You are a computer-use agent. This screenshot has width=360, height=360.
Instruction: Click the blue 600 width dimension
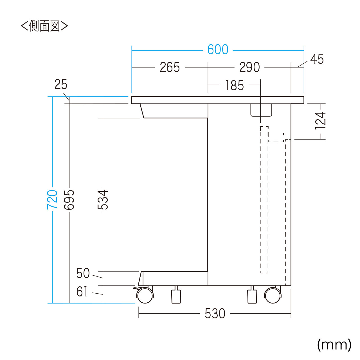[x=218, y=49]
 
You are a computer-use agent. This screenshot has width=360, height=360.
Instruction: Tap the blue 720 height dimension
[x=52, y=200]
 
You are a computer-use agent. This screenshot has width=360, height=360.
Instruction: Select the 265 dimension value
[x=170, y=67]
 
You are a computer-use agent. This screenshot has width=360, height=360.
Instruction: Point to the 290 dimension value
[x=249, y=67]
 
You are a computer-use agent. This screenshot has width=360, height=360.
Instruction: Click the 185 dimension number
[x=235, y=85]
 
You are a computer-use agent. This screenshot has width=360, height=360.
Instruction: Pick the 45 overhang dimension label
[x=317, y=59]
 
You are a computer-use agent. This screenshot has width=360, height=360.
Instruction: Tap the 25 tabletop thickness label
[x=61, y=84]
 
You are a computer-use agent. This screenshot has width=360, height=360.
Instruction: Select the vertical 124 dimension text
[x=320, y=121]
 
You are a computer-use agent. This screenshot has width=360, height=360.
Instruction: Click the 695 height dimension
[x=69, y=200]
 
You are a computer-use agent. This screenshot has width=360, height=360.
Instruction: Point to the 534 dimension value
[x=103, y=200]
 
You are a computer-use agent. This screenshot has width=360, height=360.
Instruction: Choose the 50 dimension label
[x=83, y=273]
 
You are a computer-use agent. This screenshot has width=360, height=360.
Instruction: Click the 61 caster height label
[x=82, y=291]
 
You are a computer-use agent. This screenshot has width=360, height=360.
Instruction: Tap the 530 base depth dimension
[x=215, y=314]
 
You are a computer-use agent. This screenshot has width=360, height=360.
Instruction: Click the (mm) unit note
[x=334, y=345]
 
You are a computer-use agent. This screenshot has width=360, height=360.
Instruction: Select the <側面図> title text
[x=44, y=26]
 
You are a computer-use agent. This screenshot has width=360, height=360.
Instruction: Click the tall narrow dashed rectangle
[x=264, y=200]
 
